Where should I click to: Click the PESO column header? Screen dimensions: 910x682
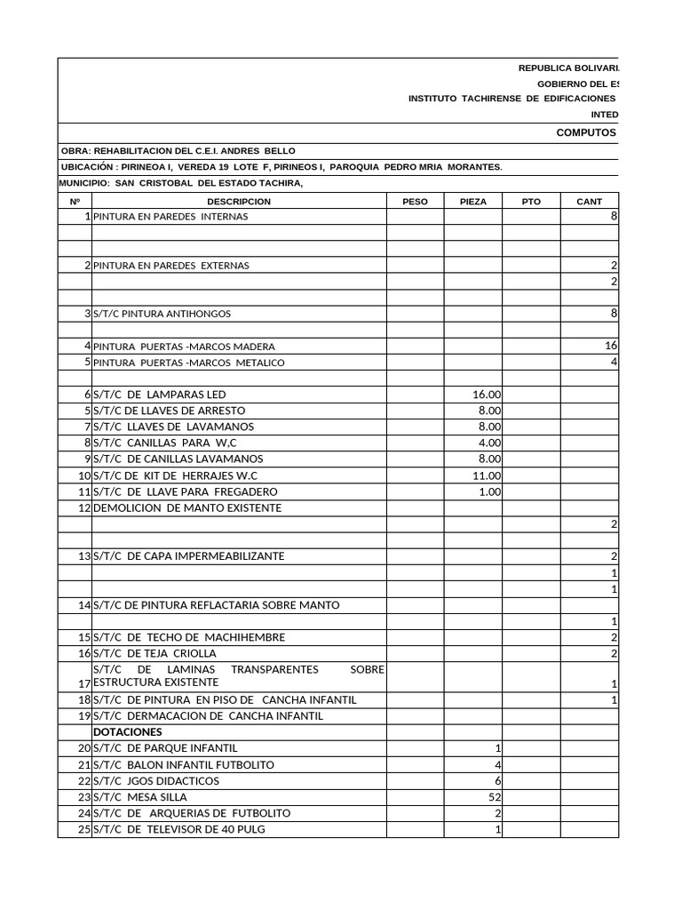click(x=415, y=202)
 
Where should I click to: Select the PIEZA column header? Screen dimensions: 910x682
click(x=473, y=202)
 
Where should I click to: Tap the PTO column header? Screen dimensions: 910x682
click(x=531, y=202)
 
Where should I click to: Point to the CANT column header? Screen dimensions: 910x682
click(x=589, y=202)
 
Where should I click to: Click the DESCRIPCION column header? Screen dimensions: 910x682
click(x=239, y=202)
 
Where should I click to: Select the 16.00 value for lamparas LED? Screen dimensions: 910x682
click(x=488, y=395)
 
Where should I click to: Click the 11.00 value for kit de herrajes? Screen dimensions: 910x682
click(x=488, y=475)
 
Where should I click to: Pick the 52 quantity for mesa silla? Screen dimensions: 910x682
click(x=494, y=797)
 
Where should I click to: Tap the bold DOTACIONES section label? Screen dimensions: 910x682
click(x=128, y=732)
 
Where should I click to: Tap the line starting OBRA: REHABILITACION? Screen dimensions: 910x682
click(x=178, y=151)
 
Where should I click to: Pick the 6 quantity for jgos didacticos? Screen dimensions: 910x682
click(x=498, y=781)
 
